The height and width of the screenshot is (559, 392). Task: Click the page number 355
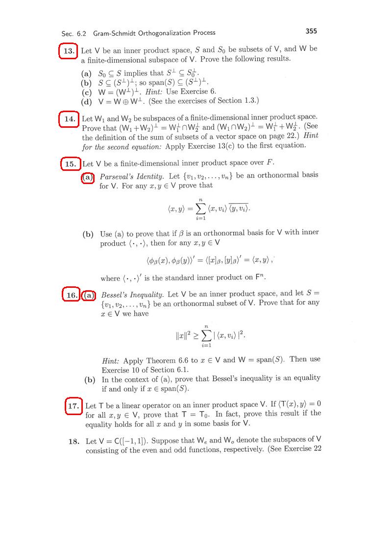pyautogui.click(x=311, y=31)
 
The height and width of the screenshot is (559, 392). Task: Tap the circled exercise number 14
pyautogui.click(x=69, y=119)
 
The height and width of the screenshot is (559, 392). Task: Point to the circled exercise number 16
pyautogui.click(x=72, y=295)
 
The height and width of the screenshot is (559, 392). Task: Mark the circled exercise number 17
pyautogui.click(x=73, y=406)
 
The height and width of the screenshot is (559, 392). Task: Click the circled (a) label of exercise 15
pyautogui.click(x=88, y=177)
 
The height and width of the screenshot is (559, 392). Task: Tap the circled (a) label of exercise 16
pyautogui.click(x=89, y=295)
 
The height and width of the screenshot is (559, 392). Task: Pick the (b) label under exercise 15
pyautogui.click(x=88, y=233)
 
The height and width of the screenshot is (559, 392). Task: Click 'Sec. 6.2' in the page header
pyautogui.click(x=73, y=33)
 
